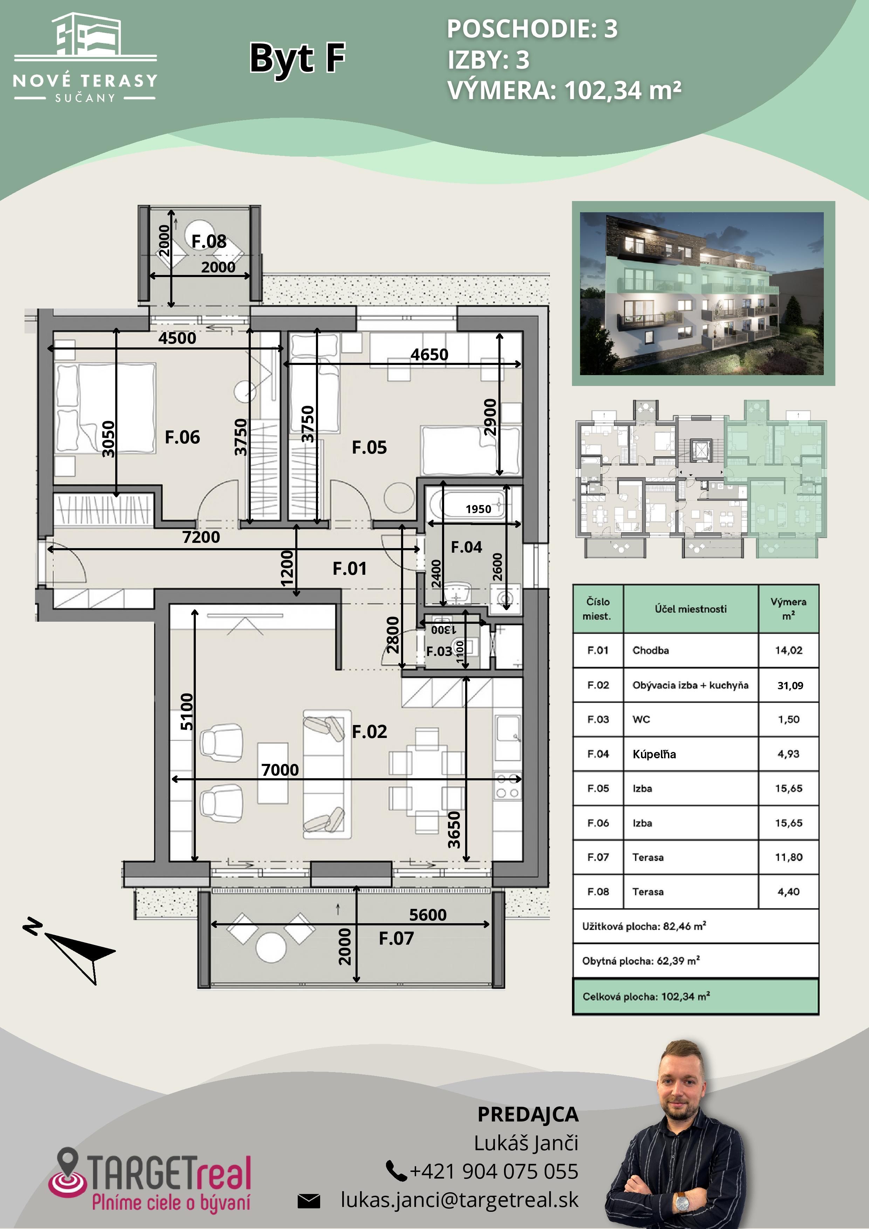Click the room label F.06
tap(182, 437)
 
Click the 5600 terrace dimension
tap(428, 915)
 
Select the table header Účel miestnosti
tap(690, 609)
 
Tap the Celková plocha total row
tap(696, 996)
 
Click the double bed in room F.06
tap(106, 408)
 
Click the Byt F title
tap(298, 58)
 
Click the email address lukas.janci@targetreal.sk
tap(460, 1200)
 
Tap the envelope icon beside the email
tap(309, 1201)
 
